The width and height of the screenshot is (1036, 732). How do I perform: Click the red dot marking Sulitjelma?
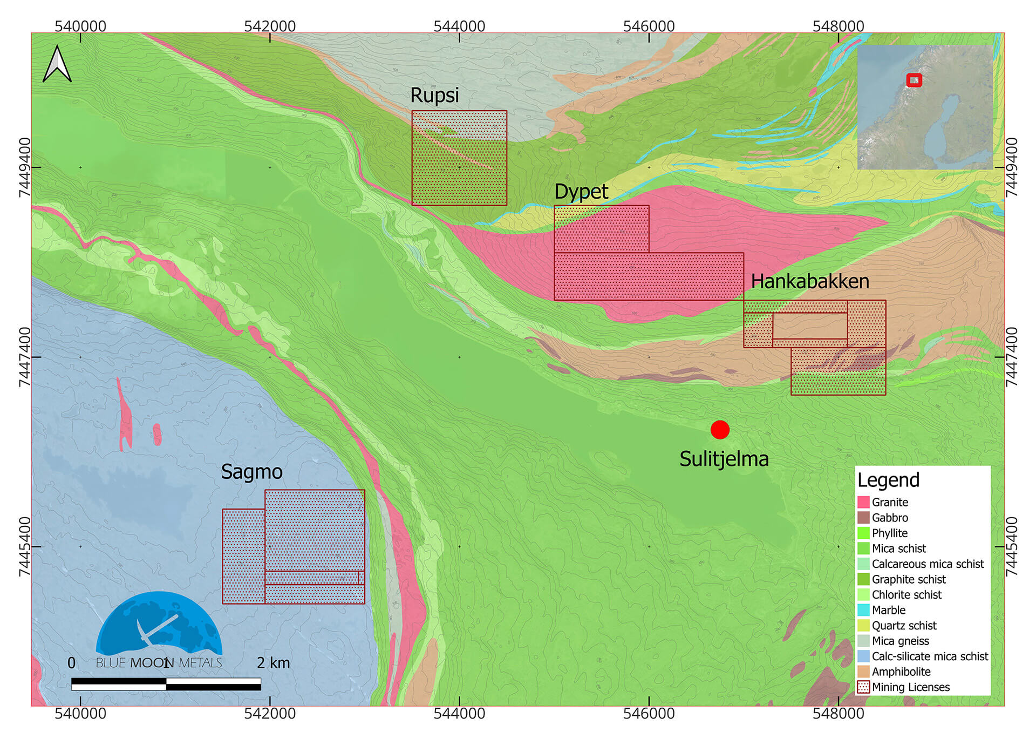click(720, 430)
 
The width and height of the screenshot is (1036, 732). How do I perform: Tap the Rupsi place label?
click(434, 96)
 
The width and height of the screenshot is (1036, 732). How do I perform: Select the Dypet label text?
click(581, 192)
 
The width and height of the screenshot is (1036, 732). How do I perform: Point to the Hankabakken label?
click(809, 281)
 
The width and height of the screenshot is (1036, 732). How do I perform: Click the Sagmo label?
click(251, 472)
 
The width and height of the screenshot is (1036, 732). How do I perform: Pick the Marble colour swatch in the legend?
click(863, 610)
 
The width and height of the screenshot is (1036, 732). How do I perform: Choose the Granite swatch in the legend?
click(863, 502)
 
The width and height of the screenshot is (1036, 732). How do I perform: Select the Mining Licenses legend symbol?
click(863, 687)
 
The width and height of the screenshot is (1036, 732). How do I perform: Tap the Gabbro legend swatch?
click(863, 518)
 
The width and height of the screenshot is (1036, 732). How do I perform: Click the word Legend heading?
click(888, 480)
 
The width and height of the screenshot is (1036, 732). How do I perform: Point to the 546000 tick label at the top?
click(649, 26)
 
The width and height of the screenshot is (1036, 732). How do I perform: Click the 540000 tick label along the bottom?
click(80, 714)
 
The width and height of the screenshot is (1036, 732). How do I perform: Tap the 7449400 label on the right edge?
click(1012, 167)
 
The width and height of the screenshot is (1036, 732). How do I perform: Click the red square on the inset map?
click(914, 80)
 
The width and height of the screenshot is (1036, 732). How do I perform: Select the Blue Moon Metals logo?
click(159, 629)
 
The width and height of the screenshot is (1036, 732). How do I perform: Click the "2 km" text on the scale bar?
click(273, 663)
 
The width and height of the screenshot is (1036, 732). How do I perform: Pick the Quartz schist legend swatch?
click(863, 626)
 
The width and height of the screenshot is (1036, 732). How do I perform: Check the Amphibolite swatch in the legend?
click(863, 672)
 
